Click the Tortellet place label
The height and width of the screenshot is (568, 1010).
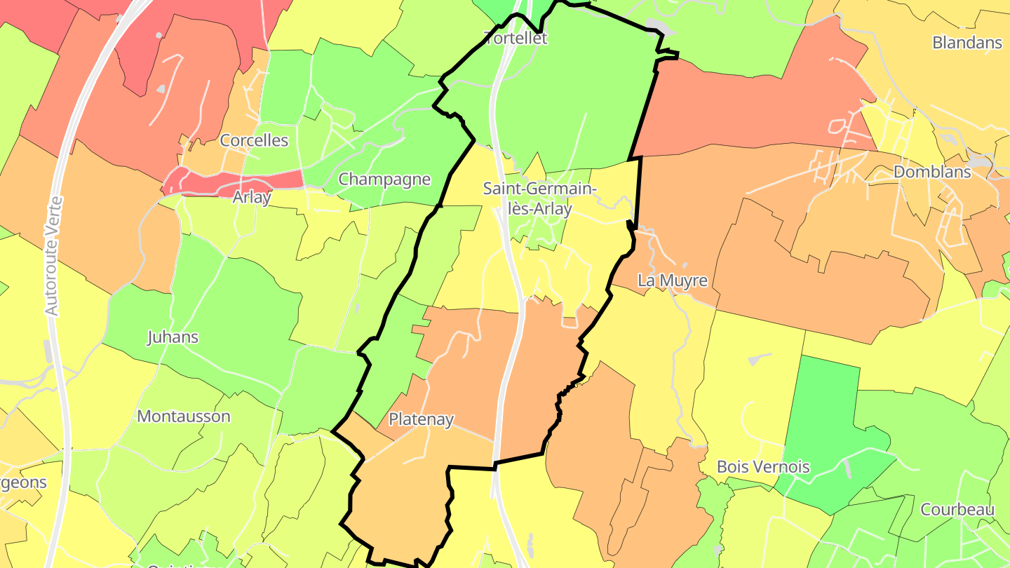516,38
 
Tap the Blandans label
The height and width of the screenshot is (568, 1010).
967,42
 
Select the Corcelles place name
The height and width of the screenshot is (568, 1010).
254,140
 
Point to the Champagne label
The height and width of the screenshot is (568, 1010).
384,179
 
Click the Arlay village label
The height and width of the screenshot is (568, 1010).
252,197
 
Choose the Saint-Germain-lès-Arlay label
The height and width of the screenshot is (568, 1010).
539,198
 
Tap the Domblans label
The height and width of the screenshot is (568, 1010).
932,172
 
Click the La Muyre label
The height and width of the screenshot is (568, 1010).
673,280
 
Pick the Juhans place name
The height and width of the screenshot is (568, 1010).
173,337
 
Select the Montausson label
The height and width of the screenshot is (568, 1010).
184,416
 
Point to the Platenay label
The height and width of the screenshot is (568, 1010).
421,419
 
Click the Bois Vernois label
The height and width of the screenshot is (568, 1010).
763,466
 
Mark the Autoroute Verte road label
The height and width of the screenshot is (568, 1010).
54,256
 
